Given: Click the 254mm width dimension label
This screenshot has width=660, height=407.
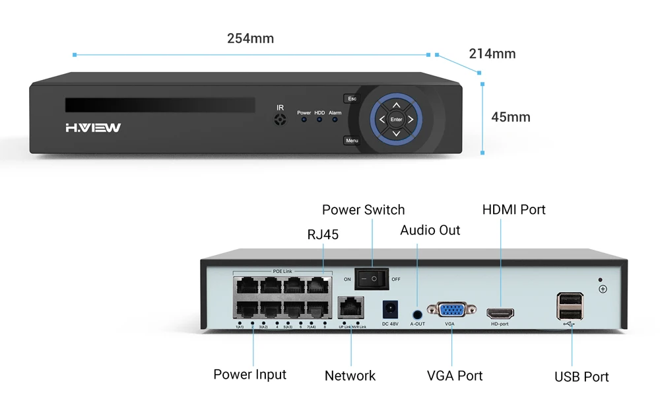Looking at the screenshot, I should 250,38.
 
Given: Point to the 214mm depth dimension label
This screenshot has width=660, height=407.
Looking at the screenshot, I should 492,54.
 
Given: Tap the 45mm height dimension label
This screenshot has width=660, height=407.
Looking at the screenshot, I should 511,118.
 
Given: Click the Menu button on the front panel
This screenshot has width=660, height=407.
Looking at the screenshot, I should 352,141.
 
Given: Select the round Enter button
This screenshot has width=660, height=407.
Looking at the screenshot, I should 396,120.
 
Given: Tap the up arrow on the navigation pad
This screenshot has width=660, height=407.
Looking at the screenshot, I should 396,105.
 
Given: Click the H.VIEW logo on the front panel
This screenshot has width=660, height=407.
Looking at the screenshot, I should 93,127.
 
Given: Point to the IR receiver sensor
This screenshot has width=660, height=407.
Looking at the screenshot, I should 280,120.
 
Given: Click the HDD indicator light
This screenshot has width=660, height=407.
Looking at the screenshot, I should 319,120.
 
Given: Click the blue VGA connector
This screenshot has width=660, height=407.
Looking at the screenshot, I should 450,311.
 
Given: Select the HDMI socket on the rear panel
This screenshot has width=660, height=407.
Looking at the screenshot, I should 500,313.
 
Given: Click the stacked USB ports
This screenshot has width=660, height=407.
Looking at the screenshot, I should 570,307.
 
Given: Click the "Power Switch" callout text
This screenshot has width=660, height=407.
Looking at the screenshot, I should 363,210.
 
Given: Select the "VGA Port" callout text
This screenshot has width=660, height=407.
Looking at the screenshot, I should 455,376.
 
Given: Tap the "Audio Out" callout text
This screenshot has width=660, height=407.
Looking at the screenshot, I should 430,230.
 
